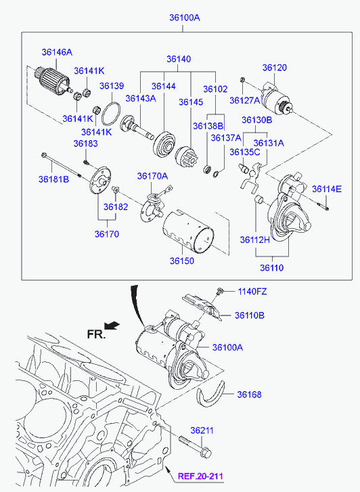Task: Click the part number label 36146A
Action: tap(57, 52)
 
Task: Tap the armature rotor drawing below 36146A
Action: tap(53, 81)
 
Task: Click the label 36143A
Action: tap(141, 98)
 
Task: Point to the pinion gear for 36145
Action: tap(186, 156)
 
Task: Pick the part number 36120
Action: tap(274, 68)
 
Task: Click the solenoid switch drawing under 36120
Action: tap(278, 98)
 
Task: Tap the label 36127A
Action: tap(245, 100)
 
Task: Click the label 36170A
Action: tap(152, 177)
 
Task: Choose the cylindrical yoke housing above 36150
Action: tap(187, 231)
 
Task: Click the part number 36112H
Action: tap(255, 240)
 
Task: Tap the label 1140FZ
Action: tap(252, 292)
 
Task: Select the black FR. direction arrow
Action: tap(112, 326)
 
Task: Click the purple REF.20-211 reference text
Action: tap(200, 476)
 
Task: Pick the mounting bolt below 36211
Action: tap(195, 446)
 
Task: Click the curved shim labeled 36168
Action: tap(211, 394)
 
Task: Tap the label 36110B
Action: tap(250, 315)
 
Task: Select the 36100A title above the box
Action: tap(185, 18)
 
